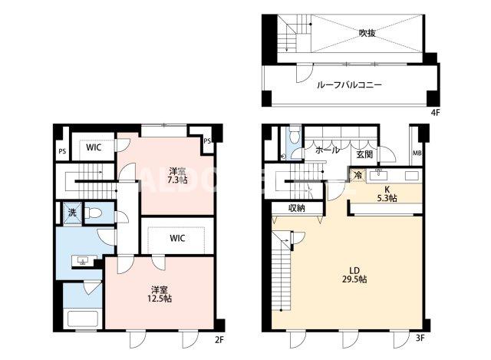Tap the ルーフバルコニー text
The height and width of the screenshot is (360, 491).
pyautogui.click(x=349, y=86)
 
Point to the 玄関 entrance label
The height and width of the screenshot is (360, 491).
pyautogui.click(x=364, y=154)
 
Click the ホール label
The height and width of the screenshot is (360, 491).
pyautogui.click(x=327, y=150)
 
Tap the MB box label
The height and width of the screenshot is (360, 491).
pyautogui.click(x=417, y=154)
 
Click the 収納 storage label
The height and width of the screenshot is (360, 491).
pyautogui.click(x=298, y=208)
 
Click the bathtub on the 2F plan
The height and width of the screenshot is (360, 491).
pyautogui.click(x=81, y=319)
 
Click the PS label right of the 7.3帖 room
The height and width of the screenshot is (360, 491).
pyautogui.click(x=207, y=140)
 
